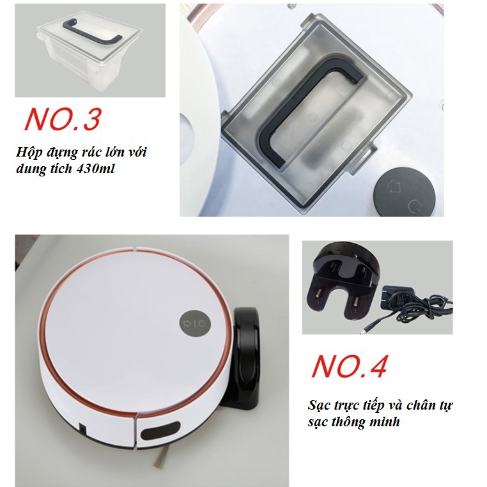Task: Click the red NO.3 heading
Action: (x=63, y=119)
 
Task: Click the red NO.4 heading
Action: (x=350, y=366)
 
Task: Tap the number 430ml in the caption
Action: (x=96, y=169)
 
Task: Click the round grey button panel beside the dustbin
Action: (x=403, y=190)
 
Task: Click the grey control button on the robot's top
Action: (x=195, y=323)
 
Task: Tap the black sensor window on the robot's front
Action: (x=160, y=431)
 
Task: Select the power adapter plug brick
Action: (x=397, y=298)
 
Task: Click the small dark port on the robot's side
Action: (x=82, y=428)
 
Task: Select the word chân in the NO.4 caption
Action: (x=421, y=406)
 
